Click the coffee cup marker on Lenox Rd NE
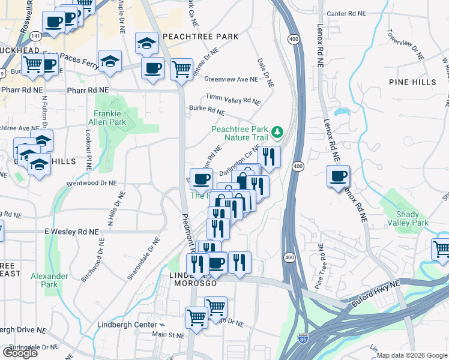[338, 176]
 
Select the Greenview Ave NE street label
[231, 79]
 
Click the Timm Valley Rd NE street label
[233, 98]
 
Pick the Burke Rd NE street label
[206, 110]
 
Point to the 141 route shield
[37, 37]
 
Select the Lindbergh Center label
[122, 325]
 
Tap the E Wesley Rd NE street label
[71, 232]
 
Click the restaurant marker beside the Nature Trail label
[269, 158]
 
